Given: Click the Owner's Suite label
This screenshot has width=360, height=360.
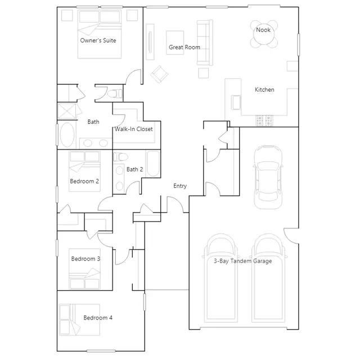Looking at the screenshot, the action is (98, 40).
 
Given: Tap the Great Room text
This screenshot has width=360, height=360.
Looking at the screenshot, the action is (184, 47).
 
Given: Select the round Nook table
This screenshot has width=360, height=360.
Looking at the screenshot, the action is (264, 34).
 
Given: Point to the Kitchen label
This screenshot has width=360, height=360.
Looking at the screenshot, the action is (264, 89).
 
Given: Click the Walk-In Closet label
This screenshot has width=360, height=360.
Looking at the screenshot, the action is (134, 129).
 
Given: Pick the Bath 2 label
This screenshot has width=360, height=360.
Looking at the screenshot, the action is (135, 169).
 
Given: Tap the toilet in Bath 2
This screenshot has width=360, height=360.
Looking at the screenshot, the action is (120, 157).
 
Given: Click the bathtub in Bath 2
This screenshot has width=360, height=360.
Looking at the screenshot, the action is (153, 163).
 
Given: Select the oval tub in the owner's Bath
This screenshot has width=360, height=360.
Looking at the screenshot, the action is (67, 135).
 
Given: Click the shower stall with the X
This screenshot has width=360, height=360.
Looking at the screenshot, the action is (66, 111).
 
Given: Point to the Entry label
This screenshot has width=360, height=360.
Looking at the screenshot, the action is (180, 186).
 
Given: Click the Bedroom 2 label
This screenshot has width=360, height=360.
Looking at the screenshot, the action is (84, 181).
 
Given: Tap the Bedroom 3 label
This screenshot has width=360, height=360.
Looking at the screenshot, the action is (85, 259).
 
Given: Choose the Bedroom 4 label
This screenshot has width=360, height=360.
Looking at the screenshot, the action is (98, 318).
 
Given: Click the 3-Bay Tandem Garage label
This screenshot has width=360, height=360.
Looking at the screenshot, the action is (243, 261).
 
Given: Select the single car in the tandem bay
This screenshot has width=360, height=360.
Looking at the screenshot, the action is (268, 177).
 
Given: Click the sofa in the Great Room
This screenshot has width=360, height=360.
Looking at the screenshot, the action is (205, 43).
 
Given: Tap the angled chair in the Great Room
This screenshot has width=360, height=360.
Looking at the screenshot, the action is (159, 74).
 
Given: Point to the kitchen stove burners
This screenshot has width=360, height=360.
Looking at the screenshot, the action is (264, 120).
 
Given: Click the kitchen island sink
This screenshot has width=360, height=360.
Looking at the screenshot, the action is (236, 102).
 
